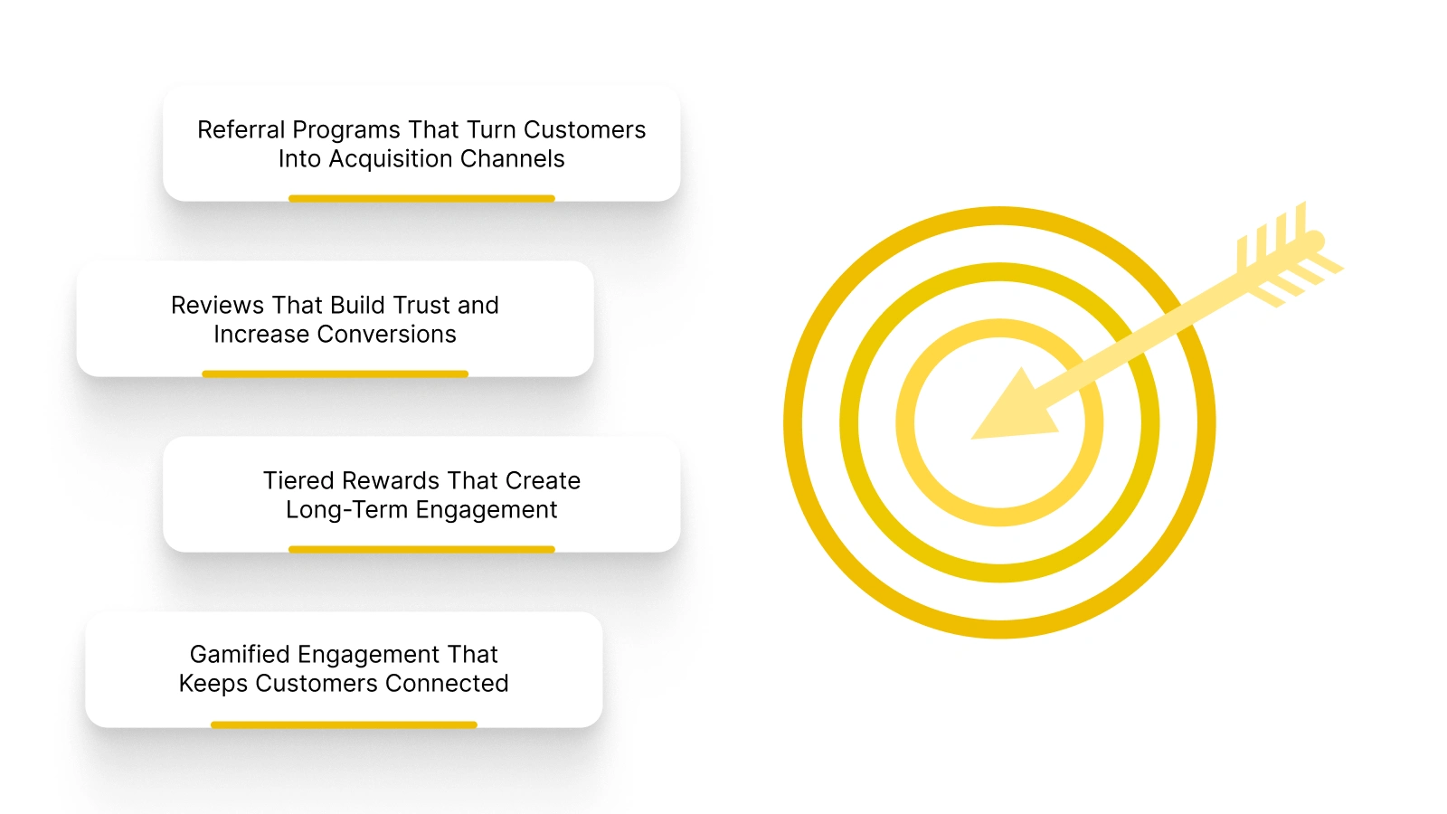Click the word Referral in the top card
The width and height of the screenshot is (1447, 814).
[241, 130]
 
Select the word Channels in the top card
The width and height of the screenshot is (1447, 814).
[512, 159]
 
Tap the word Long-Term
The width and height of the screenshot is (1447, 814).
[346, 510]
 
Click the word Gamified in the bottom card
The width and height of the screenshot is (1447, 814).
[240, 655]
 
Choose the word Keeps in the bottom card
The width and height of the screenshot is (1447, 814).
[213, 684]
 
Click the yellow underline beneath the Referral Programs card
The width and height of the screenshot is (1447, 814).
[421, 198]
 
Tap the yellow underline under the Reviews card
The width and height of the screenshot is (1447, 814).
[335, 374]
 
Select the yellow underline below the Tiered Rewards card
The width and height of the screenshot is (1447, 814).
[421, 549]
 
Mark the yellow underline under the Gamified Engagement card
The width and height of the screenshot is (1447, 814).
[344, 724]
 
